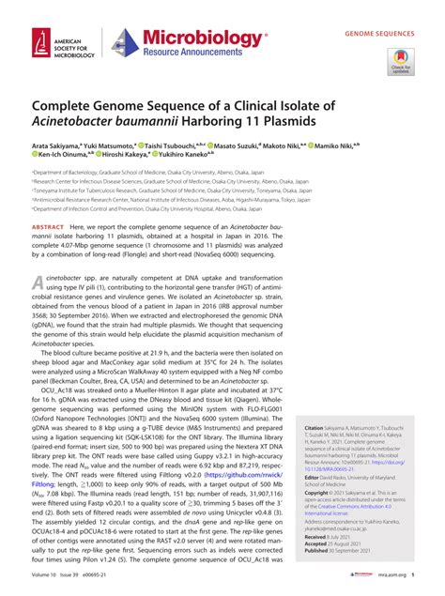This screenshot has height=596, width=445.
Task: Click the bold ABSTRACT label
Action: coord(48,228)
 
